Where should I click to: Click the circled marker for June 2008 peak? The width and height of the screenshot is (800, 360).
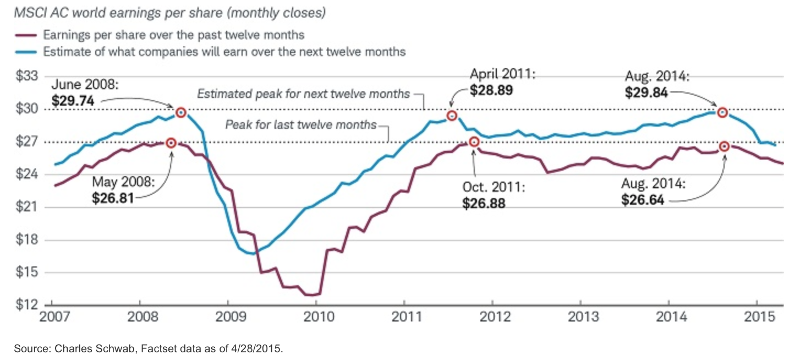180,113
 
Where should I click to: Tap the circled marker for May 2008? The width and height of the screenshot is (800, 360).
171,143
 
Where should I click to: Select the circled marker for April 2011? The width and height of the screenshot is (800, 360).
452,116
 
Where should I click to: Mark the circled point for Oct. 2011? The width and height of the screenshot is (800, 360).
474,142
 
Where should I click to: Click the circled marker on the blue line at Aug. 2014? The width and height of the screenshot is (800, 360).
722,113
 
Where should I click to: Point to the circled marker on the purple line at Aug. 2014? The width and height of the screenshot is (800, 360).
724,146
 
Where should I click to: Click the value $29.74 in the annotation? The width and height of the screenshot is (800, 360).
73,101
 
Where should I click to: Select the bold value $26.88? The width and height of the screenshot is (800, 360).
484,203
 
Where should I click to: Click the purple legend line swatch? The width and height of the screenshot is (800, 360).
25,35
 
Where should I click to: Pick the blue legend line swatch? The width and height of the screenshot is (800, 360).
25,52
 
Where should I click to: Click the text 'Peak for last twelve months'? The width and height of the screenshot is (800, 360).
300,124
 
